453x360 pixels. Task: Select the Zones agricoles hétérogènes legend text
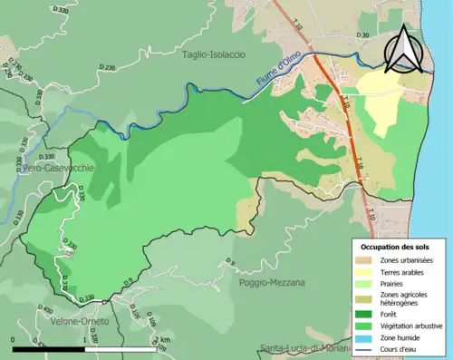pos(404,298)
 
